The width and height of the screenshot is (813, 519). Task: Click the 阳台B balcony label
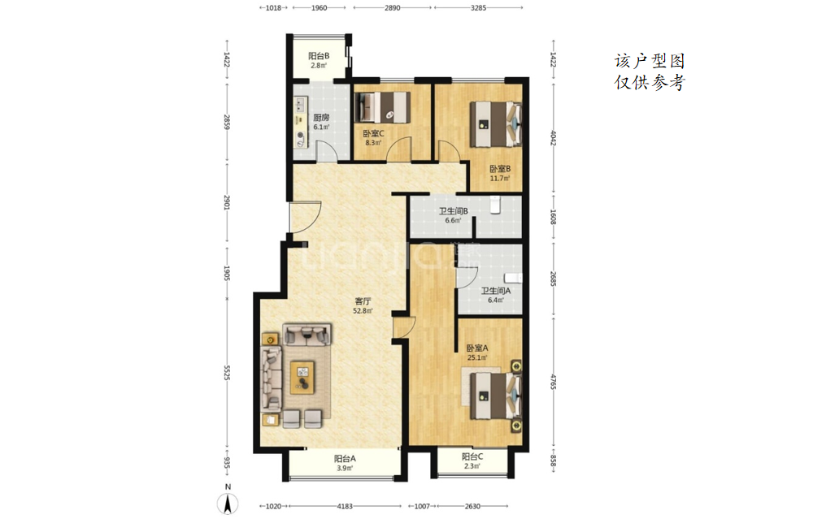[319, 56]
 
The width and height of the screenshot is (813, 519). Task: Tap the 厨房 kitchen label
[321, 118]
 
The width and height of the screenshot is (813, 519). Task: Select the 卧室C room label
[373, 134]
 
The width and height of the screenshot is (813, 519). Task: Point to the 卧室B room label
[500, 169]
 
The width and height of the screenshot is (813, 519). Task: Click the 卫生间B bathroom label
[453, 211]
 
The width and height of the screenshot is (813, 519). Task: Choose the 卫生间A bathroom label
[496, 291]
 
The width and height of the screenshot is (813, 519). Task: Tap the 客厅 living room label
[363, 301]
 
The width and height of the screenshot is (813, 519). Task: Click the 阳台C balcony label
[472, 456]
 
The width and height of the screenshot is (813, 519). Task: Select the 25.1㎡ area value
[477, 357]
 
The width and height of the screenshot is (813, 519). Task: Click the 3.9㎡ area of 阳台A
[345, 469]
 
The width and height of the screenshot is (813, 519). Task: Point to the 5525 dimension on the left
[227, 373]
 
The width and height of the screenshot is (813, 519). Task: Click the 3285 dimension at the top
[478, 8]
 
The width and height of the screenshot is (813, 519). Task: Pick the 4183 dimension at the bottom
[345, 506]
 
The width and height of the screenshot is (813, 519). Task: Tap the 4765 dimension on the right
[553, 382]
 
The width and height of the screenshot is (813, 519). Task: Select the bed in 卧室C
[383, 108]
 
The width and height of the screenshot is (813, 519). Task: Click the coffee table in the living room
[302, 377]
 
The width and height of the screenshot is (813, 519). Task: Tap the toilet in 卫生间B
[495, 205]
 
